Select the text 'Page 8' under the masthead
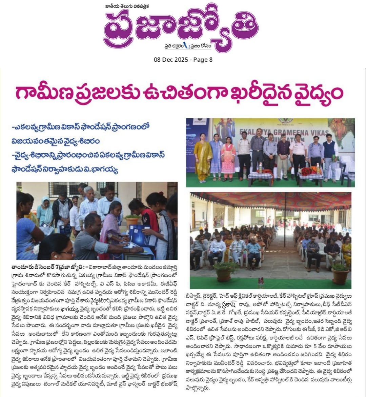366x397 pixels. pos(202,60)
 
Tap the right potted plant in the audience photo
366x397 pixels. pos(340,273)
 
